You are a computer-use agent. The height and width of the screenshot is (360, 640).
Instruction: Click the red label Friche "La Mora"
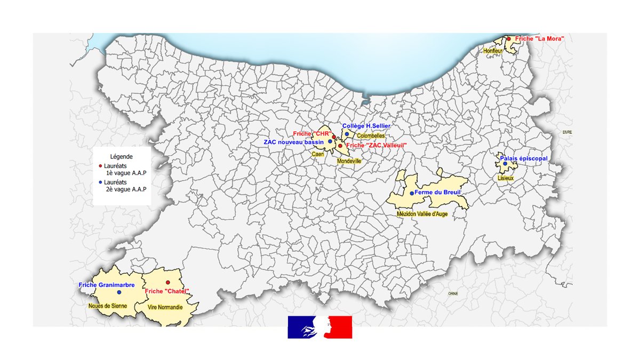pos(539,39)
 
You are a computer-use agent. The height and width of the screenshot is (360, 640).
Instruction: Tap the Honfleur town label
pos(493,51)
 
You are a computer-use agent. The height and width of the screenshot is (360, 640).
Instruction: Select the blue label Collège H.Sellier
pos(366,126)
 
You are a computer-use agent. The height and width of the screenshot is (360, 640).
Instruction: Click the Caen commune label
pos(318,154)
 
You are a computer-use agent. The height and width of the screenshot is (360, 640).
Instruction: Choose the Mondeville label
pos(349,160)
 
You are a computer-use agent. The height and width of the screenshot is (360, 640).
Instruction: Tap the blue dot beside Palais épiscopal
pos(505,164)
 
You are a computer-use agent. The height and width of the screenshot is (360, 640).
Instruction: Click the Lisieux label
pos(506,178)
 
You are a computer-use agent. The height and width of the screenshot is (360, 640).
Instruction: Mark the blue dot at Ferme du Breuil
pos(412,193)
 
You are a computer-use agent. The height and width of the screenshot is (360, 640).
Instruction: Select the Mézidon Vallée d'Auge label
pos(422,214)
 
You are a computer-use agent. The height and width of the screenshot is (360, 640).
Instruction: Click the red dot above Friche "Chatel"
pos(167,283)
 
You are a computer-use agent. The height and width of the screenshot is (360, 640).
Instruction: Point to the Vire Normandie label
pos(164,308)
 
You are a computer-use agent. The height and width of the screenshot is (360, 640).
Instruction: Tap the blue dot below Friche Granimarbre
pos(119,292)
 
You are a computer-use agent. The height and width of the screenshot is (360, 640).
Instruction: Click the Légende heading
pos(121,157)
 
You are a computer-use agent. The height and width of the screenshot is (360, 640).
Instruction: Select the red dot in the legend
pos(100,166)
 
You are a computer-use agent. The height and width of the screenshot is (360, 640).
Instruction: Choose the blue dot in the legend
pos(100,182)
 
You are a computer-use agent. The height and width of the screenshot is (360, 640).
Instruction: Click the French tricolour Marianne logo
pos(320,327)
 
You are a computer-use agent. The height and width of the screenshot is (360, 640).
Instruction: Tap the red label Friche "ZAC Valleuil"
pos(375,145)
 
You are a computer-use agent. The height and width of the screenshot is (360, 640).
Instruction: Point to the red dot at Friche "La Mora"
pos(509,38)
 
